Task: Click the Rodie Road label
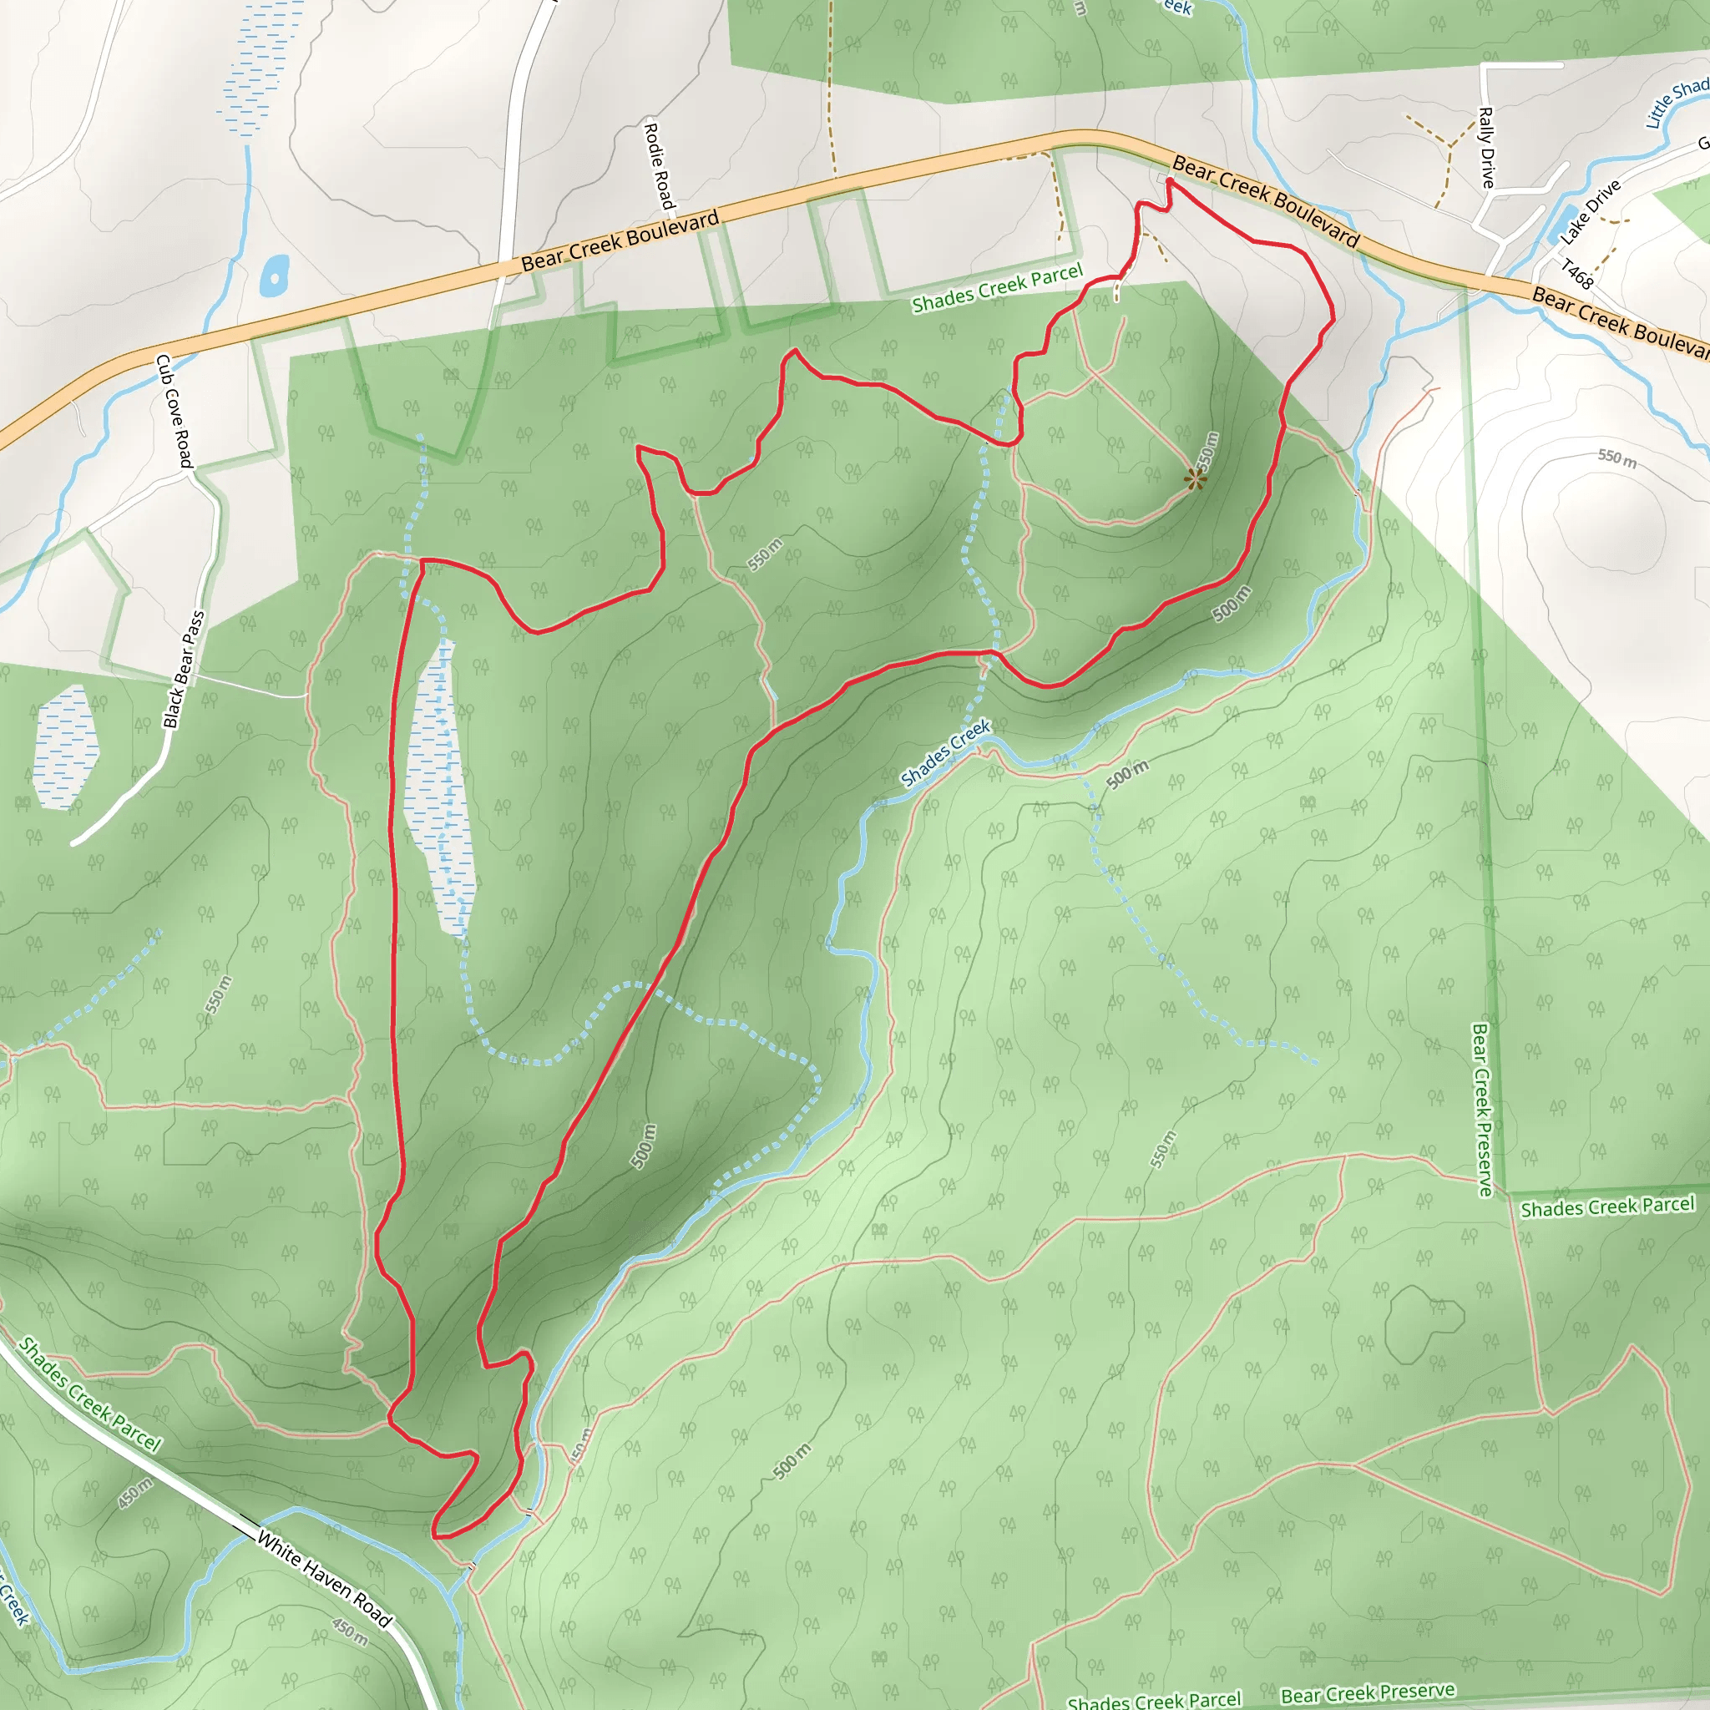pyautogui.click(x=659, y=166)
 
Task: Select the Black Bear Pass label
pyautogui.click(x=184, y=670)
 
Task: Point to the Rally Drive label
pyautogui.click(x=1487, y=147)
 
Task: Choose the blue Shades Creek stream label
pyautogui.click(x=945, y=753)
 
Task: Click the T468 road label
pyautogui.click(x=1576, y=275)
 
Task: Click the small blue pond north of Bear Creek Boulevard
pyautogui.click(x=275, y=276)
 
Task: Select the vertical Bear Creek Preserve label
pyautogui.click(x=1480, y=1109)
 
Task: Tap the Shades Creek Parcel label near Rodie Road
pyautogui.click(x=997, y=289)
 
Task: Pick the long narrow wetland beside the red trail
pyautogui.click(x=440, y=787)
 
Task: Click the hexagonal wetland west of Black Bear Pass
pyautogui.click(x=64, y=748)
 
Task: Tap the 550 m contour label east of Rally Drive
pyautogui.click(x=1616, y=458)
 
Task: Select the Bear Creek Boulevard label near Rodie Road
pyautogui.click(x=620, y=240)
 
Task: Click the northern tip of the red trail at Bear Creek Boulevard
pyautogui.click(x=1169, y=181)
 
